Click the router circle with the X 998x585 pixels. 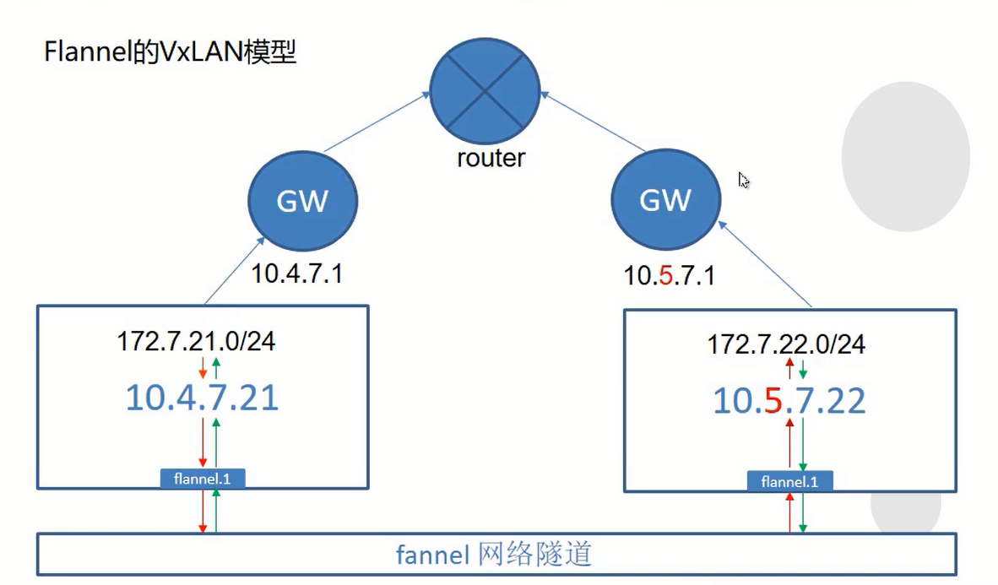(x=485, y=91)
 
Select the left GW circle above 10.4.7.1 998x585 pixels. (x=303, y=201)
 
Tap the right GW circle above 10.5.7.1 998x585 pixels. (x=666, y=199)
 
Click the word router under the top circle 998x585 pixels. (x=491, y=158)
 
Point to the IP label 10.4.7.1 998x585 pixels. (x=297, y=274)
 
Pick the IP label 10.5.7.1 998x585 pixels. (x=669, y=276)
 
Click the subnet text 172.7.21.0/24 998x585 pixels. (x=196, y=341)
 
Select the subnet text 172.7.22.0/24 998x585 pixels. (x=787, y=344)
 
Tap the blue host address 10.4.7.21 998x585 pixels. (x=203, y=398)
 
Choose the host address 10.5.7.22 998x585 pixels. (x=789, y=400)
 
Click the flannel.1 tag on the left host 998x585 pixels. (x=203, y=479)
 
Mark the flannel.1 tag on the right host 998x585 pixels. (x=789, y=482)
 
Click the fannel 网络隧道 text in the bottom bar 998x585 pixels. (x=494, y=555)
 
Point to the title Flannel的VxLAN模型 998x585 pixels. (x=170, y=51)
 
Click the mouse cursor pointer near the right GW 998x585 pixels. (x=743, y=180)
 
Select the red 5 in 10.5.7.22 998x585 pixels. (x=773, y=400)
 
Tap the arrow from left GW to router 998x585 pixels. (x=377, y=122)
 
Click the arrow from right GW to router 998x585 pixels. (x=594, y=122)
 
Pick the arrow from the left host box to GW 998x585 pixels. (x=234, y=271)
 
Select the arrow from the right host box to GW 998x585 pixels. (x=765, y=264)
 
